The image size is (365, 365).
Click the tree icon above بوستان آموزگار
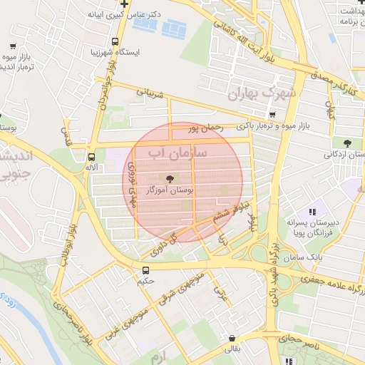(170, 179)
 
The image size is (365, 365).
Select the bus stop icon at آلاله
(91, 157)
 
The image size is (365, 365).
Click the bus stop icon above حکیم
(146, 270)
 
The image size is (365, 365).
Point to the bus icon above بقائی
(232, 339)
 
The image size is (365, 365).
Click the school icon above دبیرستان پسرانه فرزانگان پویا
(312, 212)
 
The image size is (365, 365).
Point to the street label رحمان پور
(206, 128)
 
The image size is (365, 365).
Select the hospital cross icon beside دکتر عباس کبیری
(124, 4)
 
